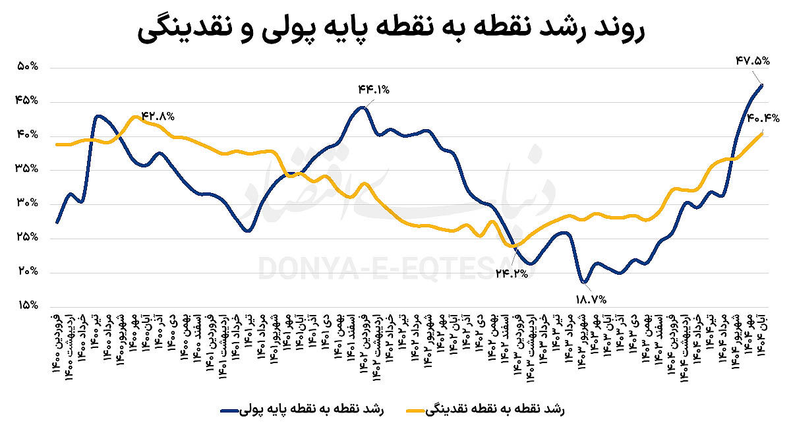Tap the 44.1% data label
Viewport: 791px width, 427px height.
coord(374,89)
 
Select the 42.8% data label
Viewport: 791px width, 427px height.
coord(158,116)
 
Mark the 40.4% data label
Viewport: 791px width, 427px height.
coord(763,119)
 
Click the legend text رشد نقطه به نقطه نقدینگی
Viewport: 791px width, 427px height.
coord(501,409)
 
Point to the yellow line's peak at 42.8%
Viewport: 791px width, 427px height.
coord(134,117)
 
